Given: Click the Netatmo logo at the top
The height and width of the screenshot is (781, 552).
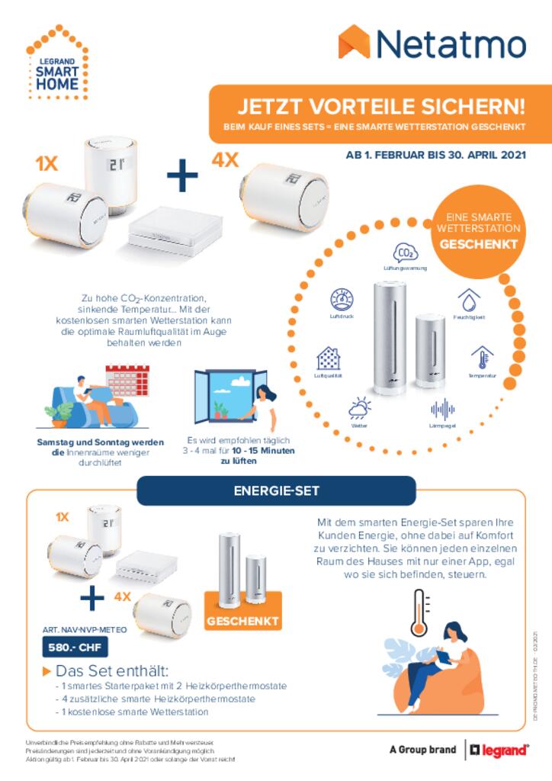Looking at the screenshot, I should [432, 44].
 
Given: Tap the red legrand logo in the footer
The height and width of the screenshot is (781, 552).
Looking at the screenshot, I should [499, 750].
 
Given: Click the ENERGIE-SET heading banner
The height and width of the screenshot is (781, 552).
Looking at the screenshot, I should [276, 490].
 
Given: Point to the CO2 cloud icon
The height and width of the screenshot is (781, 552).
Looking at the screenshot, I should [405, 252].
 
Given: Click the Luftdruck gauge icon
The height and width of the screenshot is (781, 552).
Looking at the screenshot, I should [341, 299].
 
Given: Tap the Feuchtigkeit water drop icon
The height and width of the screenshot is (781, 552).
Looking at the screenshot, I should [468, 299].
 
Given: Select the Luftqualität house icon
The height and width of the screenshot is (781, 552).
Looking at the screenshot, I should [328, 358].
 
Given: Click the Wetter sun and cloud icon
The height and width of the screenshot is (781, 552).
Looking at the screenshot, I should [359, 408].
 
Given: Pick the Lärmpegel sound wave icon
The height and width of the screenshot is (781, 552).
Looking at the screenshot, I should [442, 409].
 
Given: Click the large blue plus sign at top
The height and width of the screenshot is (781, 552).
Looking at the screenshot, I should [181, 177].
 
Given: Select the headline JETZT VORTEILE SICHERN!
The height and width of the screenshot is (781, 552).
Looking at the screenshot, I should [380, 105].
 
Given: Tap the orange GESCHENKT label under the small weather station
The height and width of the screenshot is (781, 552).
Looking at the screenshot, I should [242, 620].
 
